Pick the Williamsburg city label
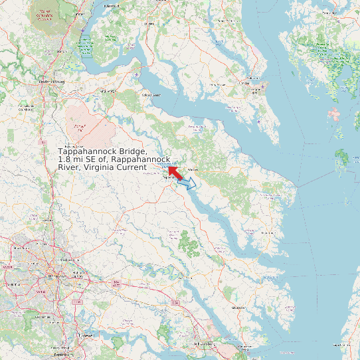pyautogui.click(x=205, y=345)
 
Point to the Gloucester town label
pyautogui.click(x=237, y=308)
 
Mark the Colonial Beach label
pyautogui.click(x=151, y=95)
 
